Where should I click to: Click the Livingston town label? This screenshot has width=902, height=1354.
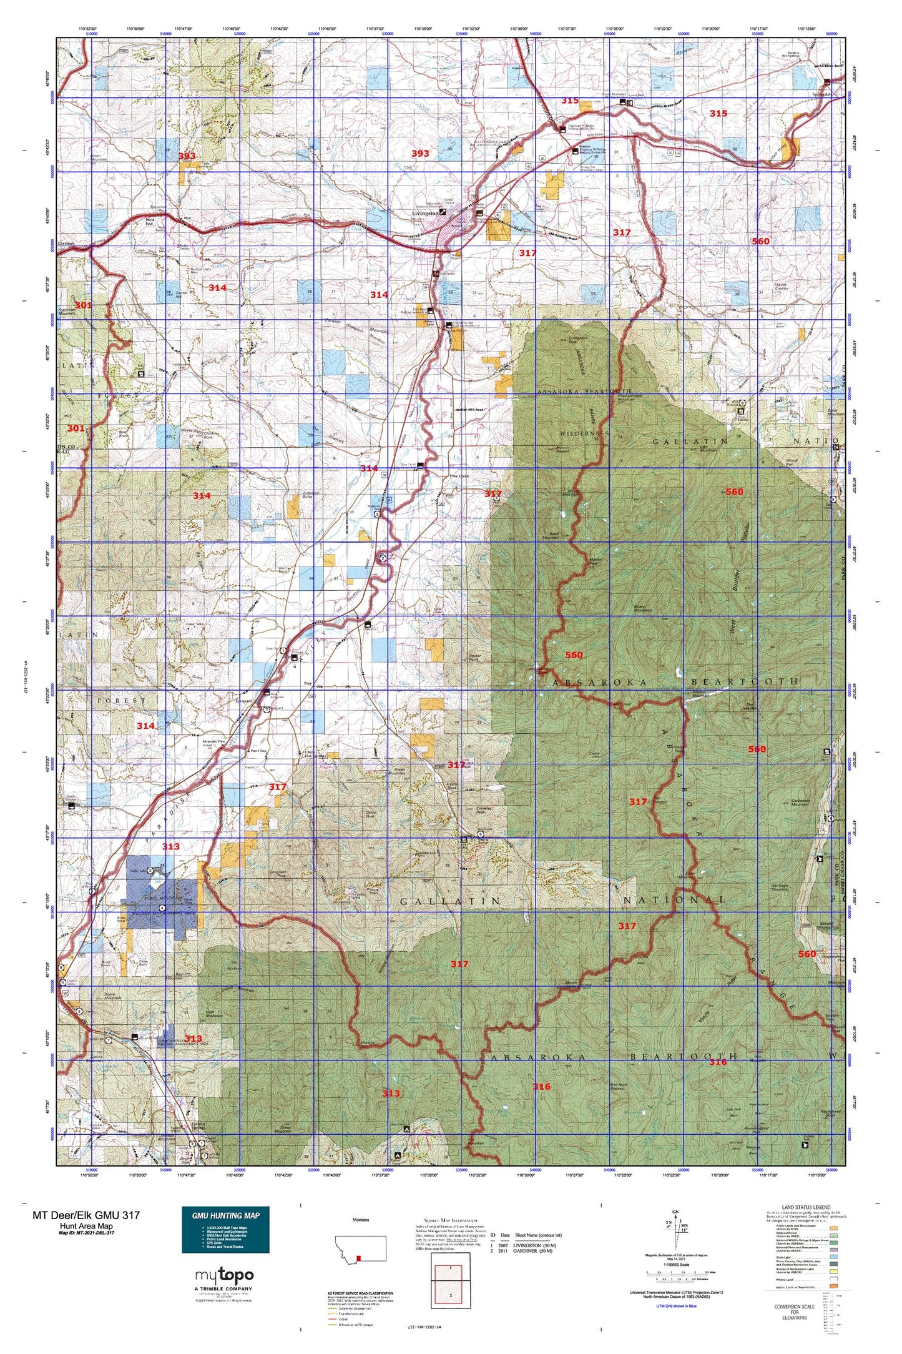425,213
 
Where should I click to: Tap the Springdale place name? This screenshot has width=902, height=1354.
821,94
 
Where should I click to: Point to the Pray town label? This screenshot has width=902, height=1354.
307,684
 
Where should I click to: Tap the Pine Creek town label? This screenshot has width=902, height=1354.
459,476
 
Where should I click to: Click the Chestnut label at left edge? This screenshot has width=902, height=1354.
65,244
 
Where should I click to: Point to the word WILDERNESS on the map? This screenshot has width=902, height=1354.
583,433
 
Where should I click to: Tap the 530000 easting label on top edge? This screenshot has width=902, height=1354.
387,34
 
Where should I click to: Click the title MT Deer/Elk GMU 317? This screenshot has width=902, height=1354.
86,1215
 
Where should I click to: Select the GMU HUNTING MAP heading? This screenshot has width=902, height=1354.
225,1215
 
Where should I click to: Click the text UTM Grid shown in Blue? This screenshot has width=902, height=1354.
677,1307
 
